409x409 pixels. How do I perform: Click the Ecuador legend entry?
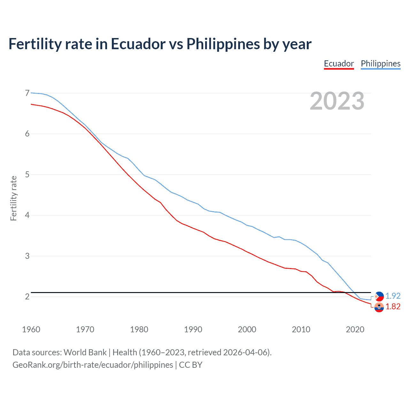339,64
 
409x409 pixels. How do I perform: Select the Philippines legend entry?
381,64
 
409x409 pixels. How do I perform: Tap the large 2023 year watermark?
337,101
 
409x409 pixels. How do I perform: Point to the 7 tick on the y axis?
27,93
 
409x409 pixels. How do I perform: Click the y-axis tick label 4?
27,215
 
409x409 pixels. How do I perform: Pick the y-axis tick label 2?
27,297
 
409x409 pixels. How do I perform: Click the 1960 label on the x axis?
31,329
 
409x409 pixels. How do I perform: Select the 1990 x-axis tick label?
193,329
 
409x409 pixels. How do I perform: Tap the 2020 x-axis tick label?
355,329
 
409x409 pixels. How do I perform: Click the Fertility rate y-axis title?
13,198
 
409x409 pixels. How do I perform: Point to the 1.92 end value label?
393,296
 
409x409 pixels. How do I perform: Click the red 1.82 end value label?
393,306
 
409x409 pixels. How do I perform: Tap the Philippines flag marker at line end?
379,296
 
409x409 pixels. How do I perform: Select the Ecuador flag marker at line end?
379,307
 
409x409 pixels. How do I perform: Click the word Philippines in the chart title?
223,44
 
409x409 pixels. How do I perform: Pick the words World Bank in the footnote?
85,352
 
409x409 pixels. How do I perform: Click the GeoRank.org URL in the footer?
93,365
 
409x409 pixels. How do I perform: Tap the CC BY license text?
190,365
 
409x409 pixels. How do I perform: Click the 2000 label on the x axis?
247,329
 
